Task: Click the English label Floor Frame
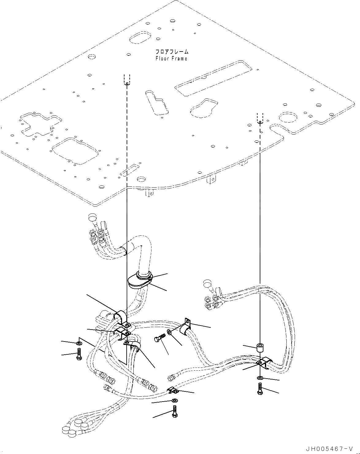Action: point(171,59)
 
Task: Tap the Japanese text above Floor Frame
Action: point(172,52)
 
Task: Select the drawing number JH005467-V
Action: point(332,448)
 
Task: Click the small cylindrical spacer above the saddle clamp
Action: point(260,348)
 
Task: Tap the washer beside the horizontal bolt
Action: point(170,332)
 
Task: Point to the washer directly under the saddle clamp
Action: point(260,378)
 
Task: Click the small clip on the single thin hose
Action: point(173,390)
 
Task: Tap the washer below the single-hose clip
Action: point(174,400)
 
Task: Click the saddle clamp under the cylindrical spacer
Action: point(263,362)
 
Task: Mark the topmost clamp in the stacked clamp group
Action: point(120,318)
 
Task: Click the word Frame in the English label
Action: point(179,59)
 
